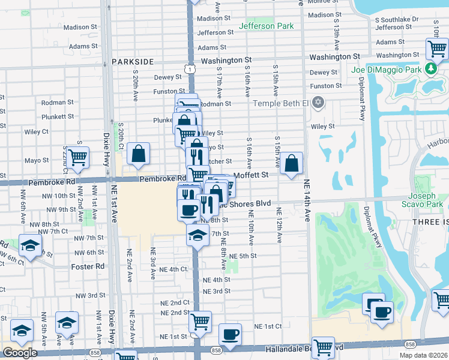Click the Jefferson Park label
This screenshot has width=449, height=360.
[266, 26]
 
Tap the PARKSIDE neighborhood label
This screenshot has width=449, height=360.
[133, 62]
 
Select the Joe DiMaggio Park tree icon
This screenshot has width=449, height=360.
[430, 68]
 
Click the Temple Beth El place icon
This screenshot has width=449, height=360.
[318, 103]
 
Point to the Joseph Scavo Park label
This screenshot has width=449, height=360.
[426, 200]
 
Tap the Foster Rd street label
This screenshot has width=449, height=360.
[88, 266]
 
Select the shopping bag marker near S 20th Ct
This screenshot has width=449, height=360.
[139, 153]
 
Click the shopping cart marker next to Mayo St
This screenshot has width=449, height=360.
[78, 157]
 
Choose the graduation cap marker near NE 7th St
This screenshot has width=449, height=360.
[196, 234]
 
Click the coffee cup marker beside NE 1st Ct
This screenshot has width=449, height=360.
[229, 334]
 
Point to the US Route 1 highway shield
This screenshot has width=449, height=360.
[190, 71]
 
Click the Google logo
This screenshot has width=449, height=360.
[20, 353]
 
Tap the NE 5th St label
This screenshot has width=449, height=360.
[244, 256]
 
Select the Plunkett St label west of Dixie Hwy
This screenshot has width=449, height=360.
[58, 116]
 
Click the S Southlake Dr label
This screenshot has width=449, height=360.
[397, 20]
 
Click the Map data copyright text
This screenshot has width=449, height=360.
[423, 355]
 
